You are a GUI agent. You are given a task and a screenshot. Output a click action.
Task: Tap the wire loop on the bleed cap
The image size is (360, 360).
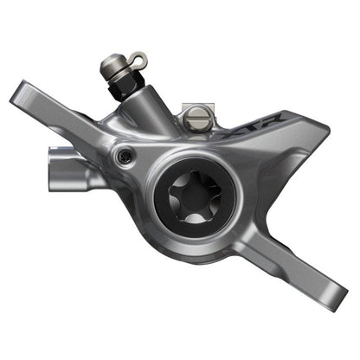coord(138,59)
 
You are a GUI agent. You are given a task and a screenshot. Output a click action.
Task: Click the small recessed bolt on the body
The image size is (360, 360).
coord(125,155)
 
